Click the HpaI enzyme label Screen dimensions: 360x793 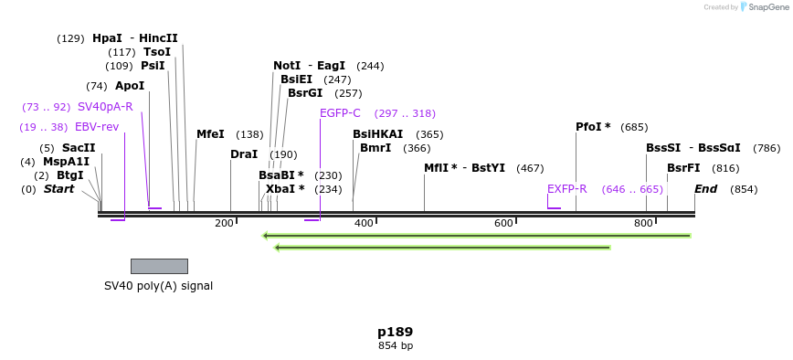(x=107, y=38)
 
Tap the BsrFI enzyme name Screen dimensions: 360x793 (x=683, y=168)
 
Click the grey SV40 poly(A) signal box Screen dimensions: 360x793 (x=159, y=266)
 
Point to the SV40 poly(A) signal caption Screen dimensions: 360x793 (x=158, y=286)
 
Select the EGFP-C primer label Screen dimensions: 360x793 (x=340, y=113)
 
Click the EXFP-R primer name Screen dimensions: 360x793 (x=566, y=189)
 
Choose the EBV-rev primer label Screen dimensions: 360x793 (x=97, y=127)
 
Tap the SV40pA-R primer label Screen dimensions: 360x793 (x=105, y=107)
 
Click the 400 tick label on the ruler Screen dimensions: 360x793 (x=364, y=224)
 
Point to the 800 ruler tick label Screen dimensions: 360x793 (x=643, y=224)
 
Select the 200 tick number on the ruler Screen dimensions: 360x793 (x=224, y=224)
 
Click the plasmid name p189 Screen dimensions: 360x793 (x=396, y=332)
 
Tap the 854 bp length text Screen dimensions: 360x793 (x=396, y=346)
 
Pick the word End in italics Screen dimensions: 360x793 (x=705, y=189)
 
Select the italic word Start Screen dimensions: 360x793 (x=58, y=189)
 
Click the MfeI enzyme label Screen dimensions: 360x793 (x=210, y=134)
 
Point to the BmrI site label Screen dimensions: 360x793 (x=375, y=148)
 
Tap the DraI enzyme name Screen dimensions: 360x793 (x=244, y=154)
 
